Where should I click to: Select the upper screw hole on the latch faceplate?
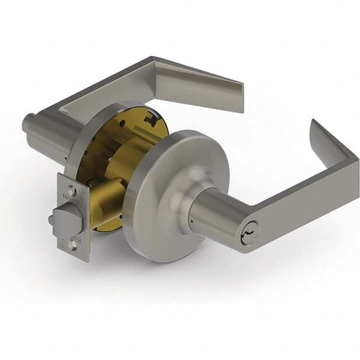coord(73,191)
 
